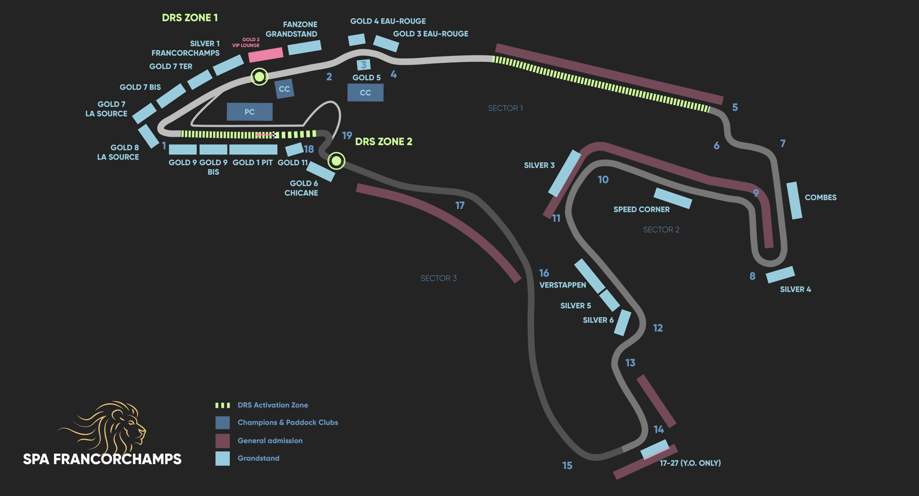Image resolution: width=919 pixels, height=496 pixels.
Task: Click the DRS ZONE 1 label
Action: point(189,18)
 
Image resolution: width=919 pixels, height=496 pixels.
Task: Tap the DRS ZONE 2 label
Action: point(383,142)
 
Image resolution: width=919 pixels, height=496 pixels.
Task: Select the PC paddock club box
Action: point(250,112)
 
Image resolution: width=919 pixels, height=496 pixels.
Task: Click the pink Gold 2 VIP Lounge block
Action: point(266,54)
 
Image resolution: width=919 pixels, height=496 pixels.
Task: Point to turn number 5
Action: point(734,108)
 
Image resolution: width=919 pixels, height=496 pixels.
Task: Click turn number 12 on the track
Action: point(658,328)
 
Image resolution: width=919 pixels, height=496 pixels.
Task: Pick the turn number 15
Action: point(567,466)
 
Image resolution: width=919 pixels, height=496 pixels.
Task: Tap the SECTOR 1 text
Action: point(505,108)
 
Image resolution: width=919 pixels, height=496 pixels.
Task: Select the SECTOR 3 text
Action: point(438,278)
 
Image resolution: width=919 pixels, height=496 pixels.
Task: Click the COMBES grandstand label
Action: point(820,198)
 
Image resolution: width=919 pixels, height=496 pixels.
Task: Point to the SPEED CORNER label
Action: point(641,210)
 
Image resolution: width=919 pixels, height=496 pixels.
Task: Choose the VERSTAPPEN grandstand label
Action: point(562,285)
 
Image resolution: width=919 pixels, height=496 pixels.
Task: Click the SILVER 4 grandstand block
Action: point(780,275)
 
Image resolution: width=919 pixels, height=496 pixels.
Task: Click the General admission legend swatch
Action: point(222,441)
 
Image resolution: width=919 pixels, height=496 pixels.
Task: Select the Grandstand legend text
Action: point(258,458)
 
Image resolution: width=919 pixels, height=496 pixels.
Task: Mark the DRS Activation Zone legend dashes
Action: point(222,405)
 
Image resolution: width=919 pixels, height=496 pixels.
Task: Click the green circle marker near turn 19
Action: point(336,161)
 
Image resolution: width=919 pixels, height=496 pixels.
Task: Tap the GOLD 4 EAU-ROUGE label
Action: point(388,21)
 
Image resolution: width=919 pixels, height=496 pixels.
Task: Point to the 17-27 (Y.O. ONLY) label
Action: point(690,463)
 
